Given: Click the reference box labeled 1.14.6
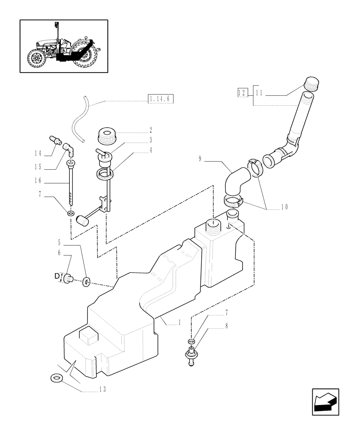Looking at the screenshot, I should pyautogui.click(x=160, y=99).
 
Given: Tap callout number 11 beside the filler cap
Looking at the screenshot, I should pyautogui.click(x=259, y=92).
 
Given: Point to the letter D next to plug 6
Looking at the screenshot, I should pyautogui.click(x=57, y=276).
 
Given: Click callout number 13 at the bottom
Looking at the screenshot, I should pyautogui.click(x=103, y=389).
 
